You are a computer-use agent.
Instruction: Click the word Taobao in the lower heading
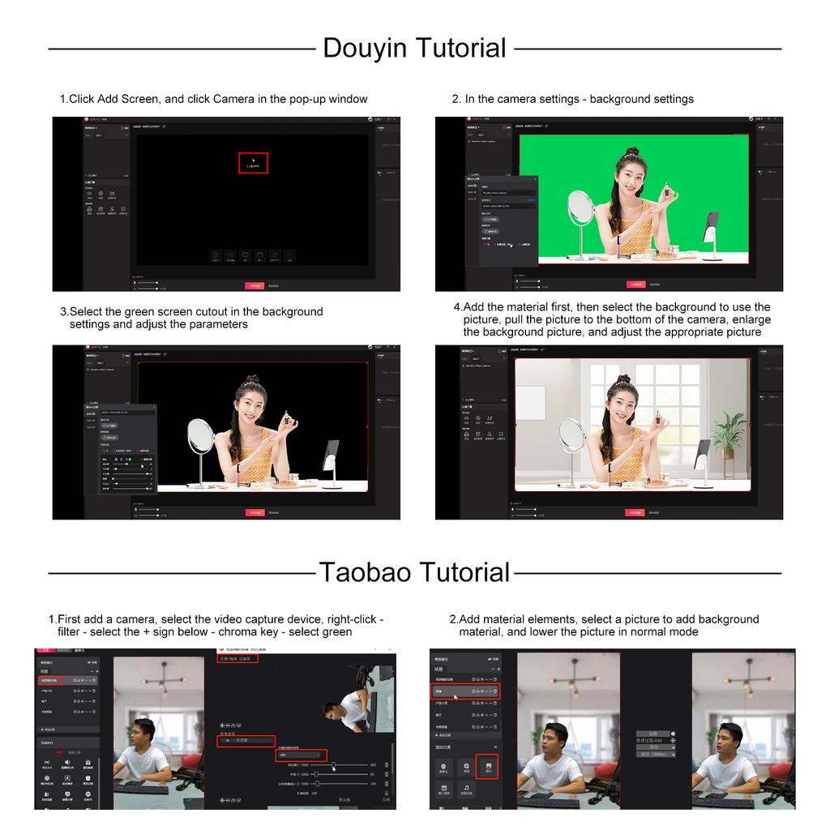click(362, 572)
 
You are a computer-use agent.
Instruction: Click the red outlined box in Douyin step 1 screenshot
click(253, 162)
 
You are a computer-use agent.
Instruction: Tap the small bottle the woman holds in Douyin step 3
click(285, 423)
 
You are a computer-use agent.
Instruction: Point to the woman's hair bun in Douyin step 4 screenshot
click(622, 379)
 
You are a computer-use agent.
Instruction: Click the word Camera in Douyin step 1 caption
click(233, 99)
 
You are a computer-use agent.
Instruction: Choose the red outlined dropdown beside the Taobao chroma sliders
click(301, 755)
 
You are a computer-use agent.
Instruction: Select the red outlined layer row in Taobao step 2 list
click(465, 691)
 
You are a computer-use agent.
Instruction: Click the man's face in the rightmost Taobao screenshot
click(728, 738)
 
